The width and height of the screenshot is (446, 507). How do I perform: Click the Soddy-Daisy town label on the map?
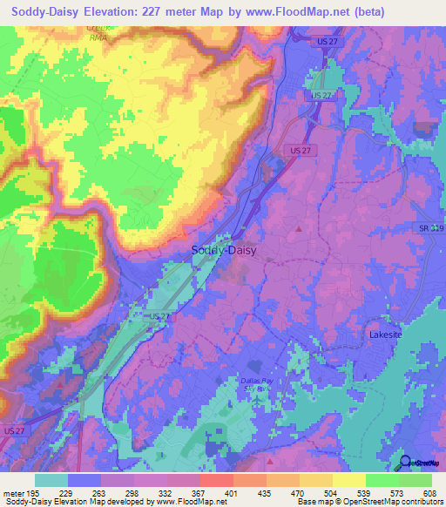222,250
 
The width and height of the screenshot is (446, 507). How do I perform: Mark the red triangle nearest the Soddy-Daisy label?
299,229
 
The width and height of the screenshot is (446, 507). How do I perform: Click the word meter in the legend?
15,493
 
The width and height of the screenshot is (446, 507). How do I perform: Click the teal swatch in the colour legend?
51,480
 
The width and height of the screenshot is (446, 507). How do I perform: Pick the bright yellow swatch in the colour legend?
349,480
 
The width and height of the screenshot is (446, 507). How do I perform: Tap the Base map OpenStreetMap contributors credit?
369,503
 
